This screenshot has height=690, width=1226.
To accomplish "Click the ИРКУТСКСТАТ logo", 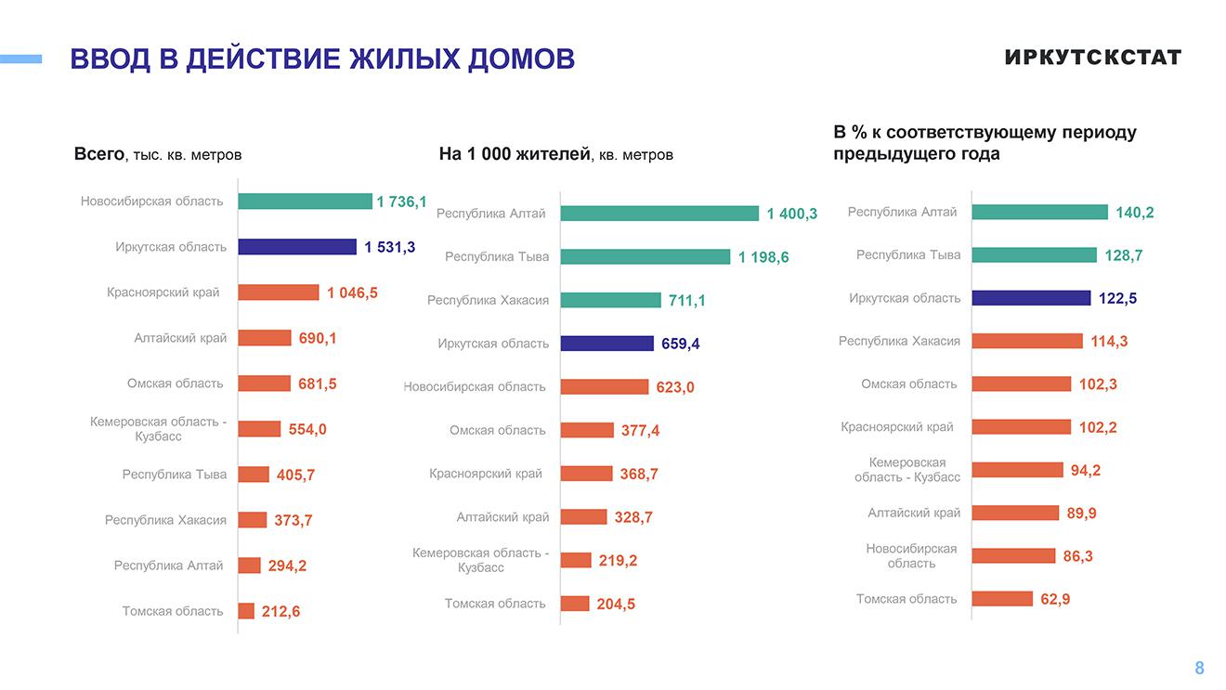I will coord(1092,58).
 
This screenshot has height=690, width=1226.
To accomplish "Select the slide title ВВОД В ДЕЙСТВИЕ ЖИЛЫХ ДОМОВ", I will coord(322,59).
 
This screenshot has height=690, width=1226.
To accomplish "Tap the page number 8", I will coord(1199,668).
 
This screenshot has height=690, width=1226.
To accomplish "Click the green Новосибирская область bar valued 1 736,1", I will coord(305,202).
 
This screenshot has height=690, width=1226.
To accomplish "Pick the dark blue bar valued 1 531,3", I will coord(297,247).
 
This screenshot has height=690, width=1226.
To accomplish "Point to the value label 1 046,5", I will coord(352,293).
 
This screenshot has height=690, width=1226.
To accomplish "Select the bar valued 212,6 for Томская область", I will coord(246,611).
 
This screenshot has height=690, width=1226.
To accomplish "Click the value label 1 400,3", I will coord(791,214).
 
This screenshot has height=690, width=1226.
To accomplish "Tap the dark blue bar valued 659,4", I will coord(607,344).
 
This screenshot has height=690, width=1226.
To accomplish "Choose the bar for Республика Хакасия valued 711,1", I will coord(610,300).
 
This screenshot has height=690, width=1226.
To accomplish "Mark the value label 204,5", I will coord(616,604).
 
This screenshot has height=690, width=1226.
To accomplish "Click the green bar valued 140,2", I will coord(1040,213).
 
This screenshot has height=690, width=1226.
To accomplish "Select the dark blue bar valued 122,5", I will coord(1032,298).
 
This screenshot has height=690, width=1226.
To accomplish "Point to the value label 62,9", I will coord(1055,599).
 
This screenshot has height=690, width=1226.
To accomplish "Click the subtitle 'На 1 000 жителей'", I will coord(515,154).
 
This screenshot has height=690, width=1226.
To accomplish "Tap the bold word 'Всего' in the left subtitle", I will coord(98,154).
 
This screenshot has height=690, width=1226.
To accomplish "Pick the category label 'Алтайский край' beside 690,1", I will coord(180,338).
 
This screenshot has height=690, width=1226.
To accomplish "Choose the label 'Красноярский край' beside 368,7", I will coord(485,474).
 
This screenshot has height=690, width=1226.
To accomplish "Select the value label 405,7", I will coord(295,475).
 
